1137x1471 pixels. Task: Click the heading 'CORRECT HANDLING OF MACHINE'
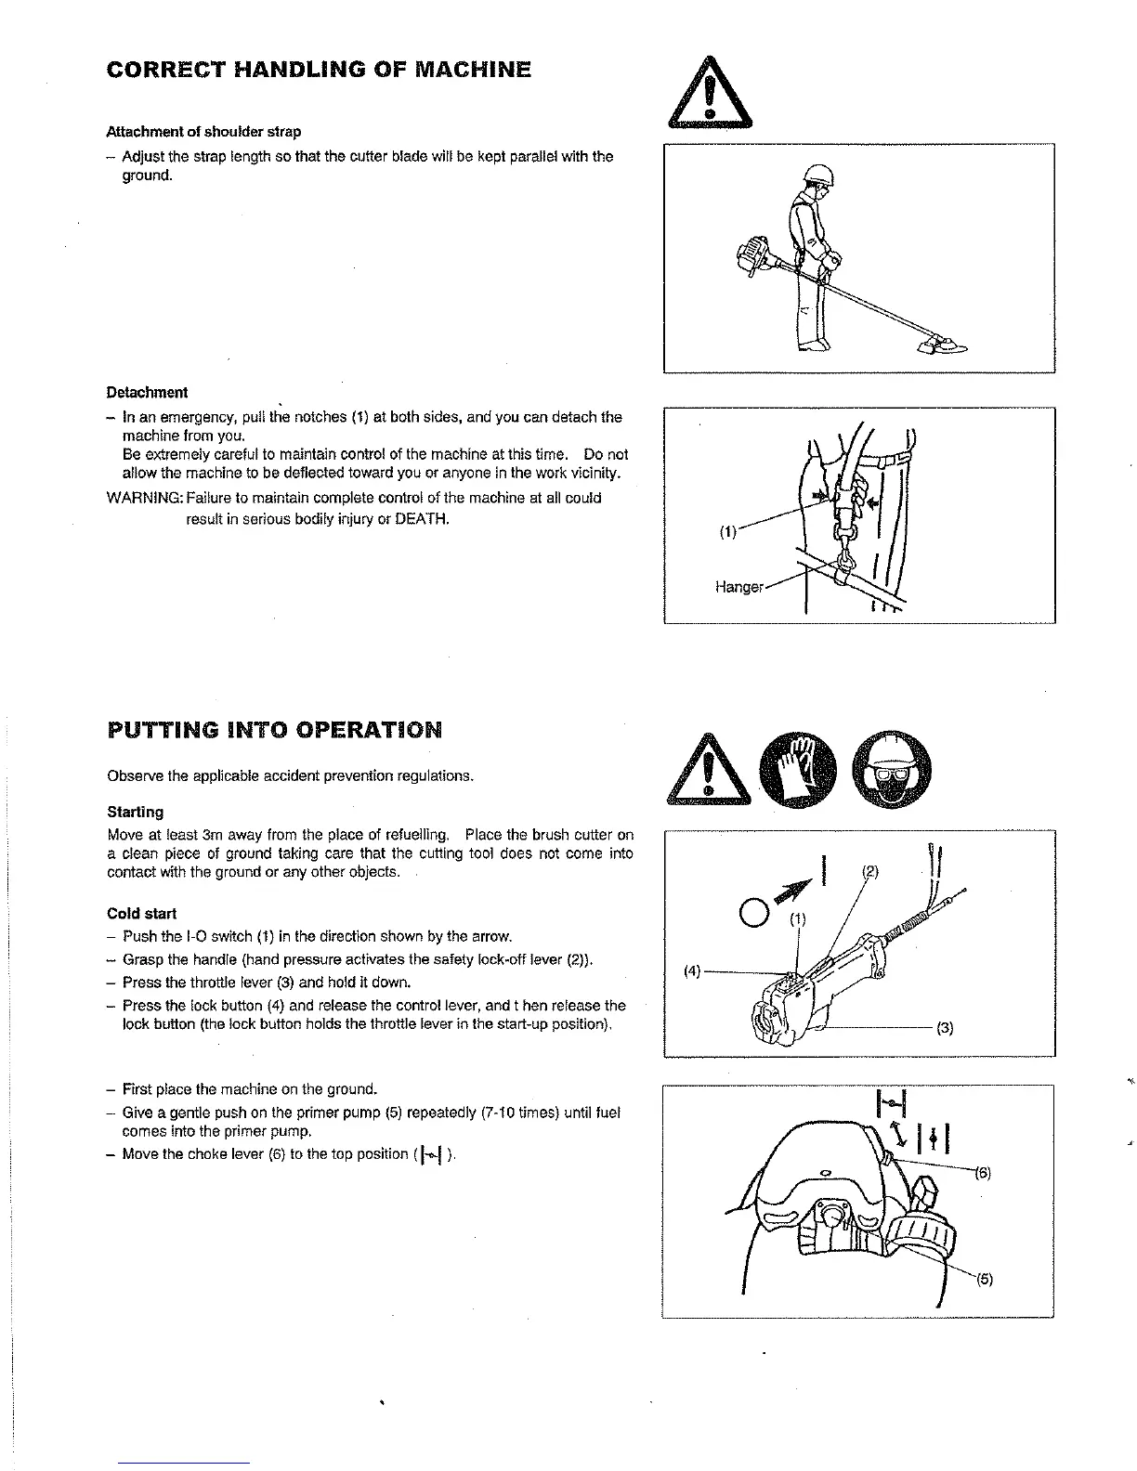coord(319,71)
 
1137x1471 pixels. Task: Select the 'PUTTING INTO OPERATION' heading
coord(275,729)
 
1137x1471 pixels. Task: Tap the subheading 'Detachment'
coord(147,392)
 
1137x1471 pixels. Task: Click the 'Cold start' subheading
coord(142,913)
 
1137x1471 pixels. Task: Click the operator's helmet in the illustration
coord(820,172)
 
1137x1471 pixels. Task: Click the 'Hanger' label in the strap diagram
coord(739,587)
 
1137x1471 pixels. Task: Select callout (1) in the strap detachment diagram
coord(727,533)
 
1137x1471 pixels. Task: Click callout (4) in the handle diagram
coord(692,971)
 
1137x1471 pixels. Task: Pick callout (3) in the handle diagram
coord(945,1028)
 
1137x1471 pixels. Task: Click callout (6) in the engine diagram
coord(983,1172)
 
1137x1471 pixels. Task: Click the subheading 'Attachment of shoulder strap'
coord(203,131)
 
